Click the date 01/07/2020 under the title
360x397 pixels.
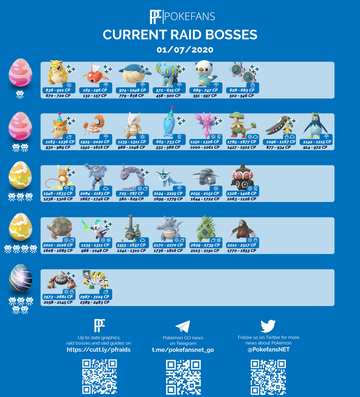click(x=184, y=50)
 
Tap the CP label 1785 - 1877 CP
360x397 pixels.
click(x=242, y=142)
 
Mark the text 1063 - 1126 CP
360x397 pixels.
click(x=243, y=199)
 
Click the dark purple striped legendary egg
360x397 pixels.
click(x=20, y=279)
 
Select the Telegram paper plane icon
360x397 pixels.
click(x=182, y=326)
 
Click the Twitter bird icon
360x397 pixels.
click(x=268, y=325)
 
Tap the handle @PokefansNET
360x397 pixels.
click(x=268, y=349)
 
